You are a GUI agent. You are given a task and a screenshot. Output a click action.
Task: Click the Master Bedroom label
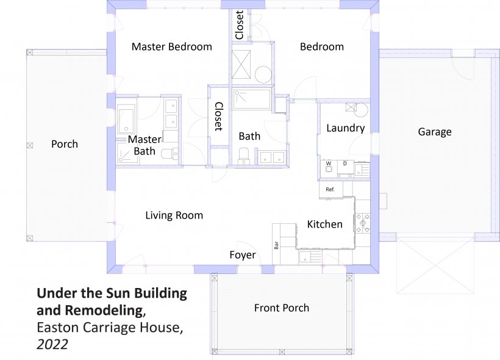click(x=171, y=46)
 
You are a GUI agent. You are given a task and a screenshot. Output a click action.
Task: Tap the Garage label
click(x=435, y=132)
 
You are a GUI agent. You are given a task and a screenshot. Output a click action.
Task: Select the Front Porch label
click(x=282, y=308)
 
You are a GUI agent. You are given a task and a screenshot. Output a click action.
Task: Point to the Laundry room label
click(x=345, y=128)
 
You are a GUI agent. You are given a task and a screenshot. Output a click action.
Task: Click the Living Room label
click(x=174, y=215)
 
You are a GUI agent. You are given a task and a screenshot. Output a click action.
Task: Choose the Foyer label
click(x=242, y=255)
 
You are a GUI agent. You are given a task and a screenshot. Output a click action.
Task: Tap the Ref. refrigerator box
click(x=331, y=190)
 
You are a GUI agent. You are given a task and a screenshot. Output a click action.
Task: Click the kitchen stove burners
click(x=363, y=223)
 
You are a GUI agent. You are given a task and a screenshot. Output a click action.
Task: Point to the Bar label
click(x=276, y=245)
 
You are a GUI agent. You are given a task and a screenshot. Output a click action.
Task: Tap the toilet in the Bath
click(x=244, y=156)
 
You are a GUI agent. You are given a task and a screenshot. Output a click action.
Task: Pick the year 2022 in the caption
click(x=52, y=345)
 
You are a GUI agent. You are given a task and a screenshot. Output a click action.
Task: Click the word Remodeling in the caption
click(x=104, y=310)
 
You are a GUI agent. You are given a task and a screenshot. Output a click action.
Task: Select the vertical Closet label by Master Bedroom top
click(x=240, y=25)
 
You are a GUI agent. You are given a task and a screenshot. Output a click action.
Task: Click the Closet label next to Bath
click(x=218, y=117)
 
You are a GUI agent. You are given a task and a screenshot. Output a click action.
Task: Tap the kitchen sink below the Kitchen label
click(x=310, y=256)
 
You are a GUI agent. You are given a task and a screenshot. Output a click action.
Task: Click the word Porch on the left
click(x=65, y=144)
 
